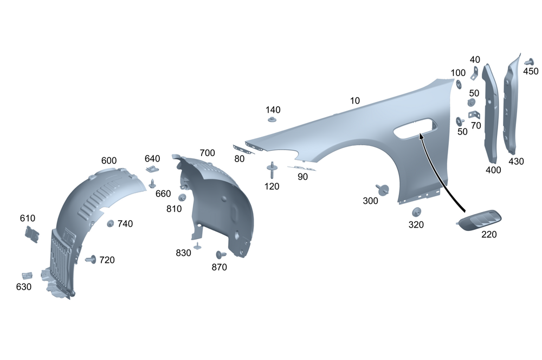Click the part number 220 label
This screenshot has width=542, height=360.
pyautogui.click(x=488, y=235)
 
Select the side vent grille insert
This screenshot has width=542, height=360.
pyautogui.click(x=480, y=219)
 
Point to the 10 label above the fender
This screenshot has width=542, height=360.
pyautogui.click(x=355, y=100)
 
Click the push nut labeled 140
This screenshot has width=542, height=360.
pyautogui.click(x=273, y=119)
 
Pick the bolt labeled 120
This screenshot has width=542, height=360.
pyautogui.click(x=270, y=171)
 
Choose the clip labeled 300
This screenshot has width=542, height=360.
pyautogui.click(x=383, y=190)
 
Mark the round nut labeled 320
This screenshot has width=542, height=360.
pyautogui.click(x=417, y=212)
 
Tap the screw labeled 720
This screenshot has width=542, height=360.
pyautogui.click(x=90, y=259)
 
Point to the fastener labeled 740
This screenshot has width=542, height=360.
pyautogui.click(x=111, y=223)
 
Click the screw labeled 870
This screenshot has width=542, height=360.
pyautogui.click(x=221, y=254)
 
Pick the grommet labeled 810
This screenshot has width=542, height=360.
pyautogui.click(x=182, y=197)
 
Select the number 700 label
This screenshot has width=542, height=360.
pyautogui.click(x=207, y=152)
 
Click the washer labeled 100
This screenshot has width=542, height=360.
pyautogui.click(x=457, y=84)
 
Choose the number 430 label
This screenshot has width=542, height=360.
pyautogui.click(x=516, y=161)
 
